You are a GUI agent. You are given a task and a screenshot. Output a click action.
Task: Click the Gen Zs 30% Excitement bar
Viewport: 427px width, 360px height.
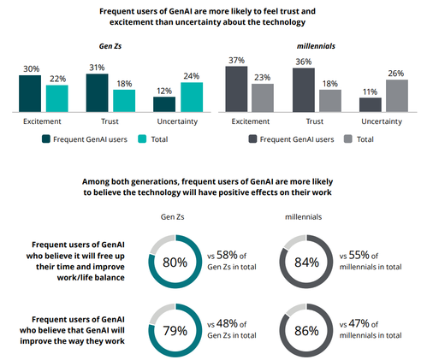coord(30,93)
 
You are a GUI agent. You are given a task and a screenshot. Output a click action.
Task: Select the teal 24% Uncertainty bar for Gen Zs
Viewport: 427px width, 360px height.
coord(192,97)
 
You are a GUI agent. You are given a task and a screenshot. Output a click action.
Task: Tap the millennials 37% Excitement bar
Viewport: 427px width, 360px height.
coord(236,89)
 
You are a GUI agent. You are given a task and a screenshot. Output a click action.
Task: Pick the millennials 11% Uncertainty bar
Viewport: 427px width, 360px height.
coord(371,105)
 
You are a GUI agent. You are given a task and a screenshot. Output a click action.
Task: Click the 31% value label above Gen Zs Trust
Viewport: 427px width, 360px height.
coord(97,68)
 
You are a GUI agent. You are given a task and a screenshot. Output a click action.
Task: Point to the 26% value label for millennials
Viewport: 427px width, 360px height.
coord(396,74)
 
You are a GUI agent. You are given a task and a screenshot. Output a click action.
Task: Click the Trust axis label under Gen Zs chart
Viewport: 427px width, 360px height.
coord(110,121)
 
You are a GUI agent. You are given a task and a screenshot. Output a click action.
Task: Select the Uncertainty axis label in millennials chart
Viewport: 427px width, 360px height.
coord(382,121)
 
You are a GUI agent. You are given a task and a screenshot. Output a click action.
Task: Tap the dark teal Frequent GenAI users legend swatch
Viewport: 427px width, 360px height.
coord(46,139)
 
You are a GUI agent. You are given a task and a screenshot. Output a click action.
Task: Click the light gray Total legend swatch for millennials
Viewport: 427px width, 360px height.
coord(348,139)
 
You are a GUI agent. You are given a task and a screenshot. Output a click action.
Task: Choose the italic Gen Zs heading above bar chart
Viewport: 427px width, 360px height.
coord(110,46)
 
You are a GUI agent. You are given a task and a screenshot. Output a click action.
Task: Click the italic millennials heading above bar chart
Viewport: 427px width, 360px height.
coord(316,46)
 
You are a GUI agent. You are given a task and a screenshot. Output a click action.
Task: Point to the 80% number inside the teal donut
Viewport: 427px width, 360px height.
coord(175,263)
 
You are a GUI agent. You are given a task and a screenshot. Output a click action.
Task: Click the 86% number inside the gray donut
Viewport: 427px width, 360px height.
coord(306,331)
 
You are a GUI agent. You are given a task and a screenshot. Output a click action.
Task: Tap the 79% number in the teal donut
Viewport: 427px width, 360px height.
coord(175,331)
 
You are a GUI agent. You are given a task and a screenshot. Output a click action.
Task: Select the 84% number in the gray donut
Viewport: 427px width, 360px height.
coord(306,263)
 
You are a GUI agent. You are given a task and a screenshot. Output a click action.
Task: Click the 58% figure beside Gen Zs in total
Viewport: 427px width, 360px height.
coord(227,255)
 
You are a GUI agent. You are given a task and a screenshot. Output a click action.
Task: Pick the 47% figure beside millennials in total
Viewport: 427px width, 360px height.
coord(359,323)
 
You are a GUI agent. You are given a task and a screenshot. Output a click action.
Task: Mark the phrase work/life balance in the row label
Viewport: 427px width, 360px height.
coord(91,277)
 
